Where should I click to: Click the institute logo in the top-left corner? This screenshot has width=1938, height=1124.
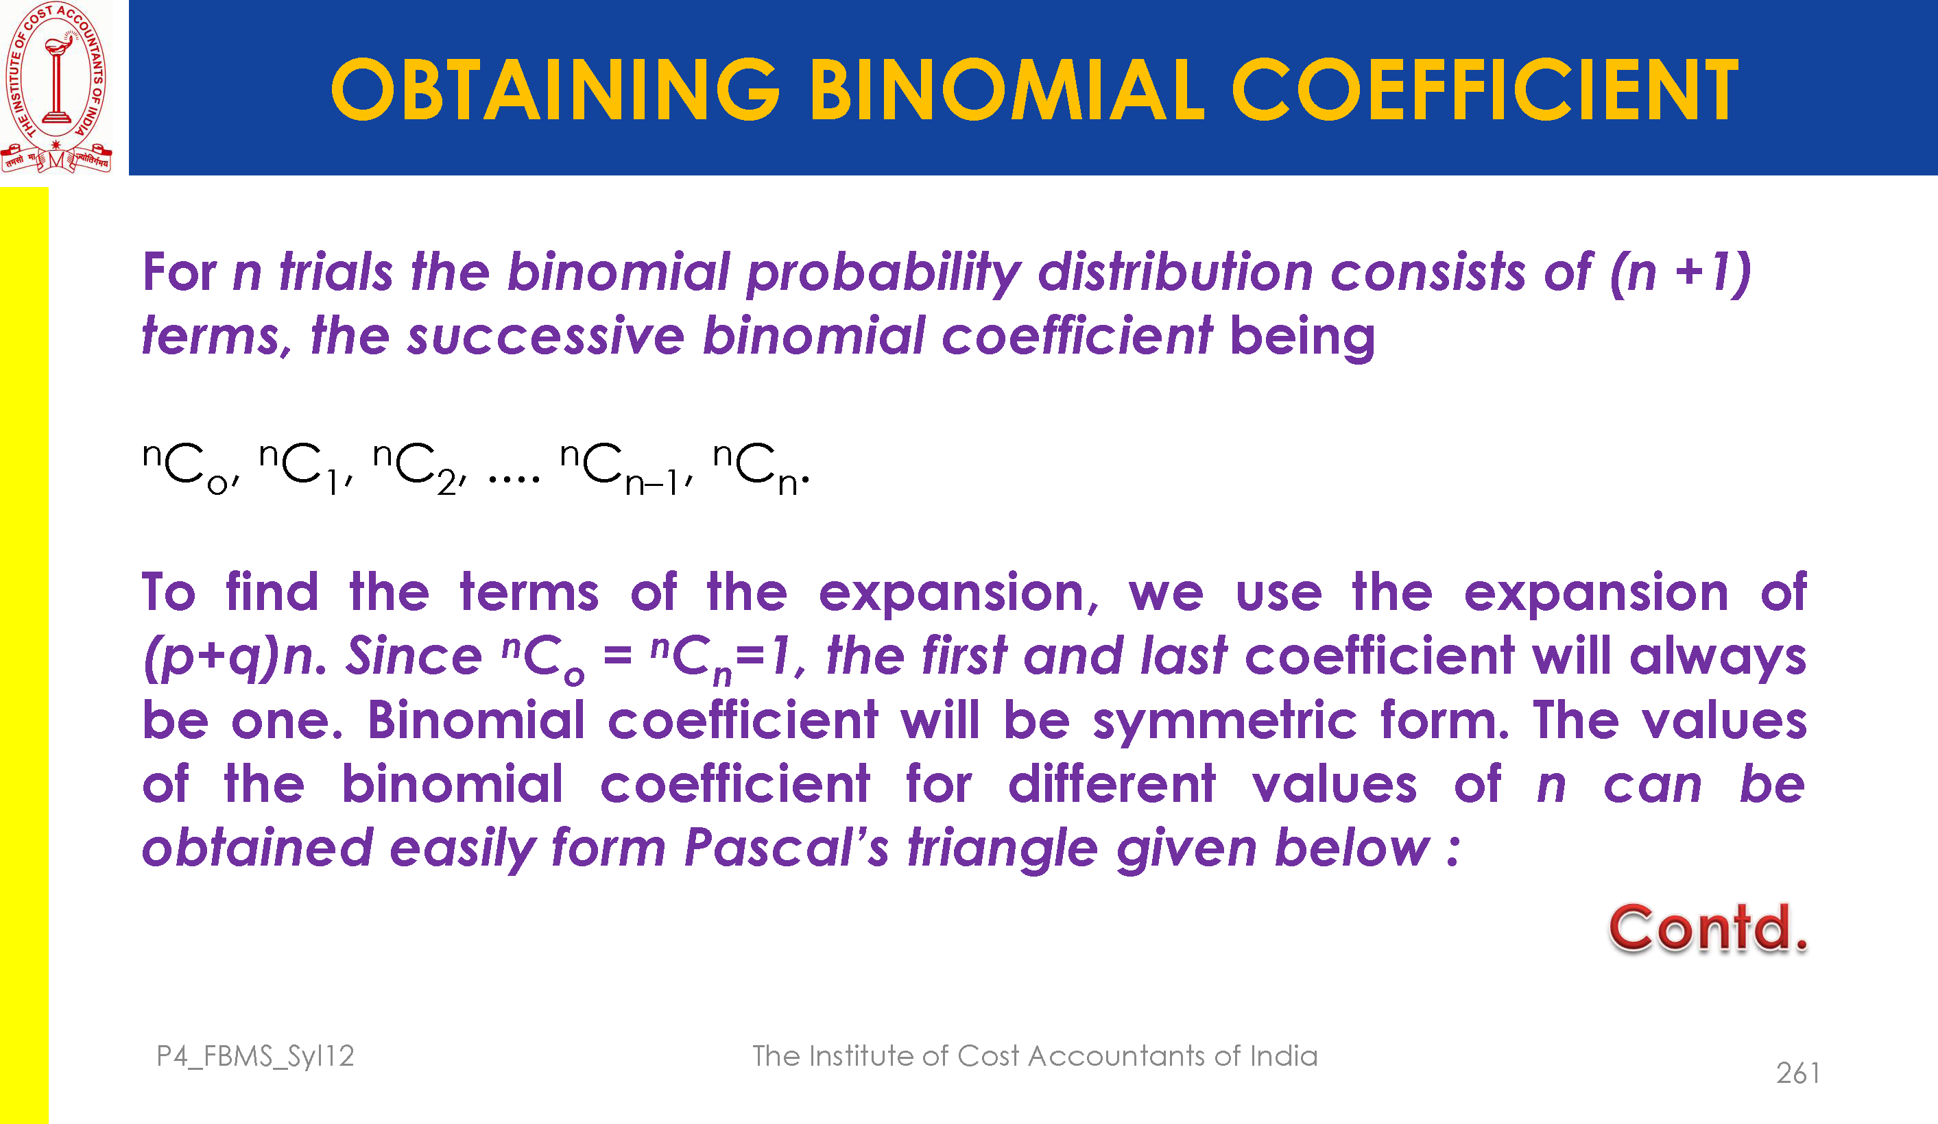click(x=56, y=87)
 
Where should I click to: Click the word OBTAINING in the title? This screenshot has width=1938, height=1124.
click(x=555, y=90)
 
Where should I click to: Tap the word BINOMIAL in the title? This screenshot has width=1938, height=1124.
click(x=1006, y=90)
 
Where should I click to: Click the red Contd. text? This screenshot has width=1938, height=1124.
click(x=1708, y=929)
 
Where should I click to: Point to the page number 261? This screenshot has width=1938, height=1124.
click(x=1797, y=1073)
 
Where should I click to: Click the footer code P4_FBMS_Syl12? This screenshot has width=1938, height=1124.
click(x=255, y=1057)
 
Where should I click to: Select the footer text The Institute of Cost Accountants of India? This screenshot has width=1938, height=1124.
click(x=1034, y=1055)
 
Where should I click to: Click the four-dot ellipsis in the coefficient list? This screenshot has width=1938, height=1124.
click(x=514, y=480)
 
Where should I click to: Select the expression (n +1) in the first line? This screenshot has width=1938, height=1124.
click(x=1680, y=273)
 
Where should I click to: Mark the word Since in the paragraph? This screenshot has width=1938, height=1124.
click(x=414, y=656)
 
